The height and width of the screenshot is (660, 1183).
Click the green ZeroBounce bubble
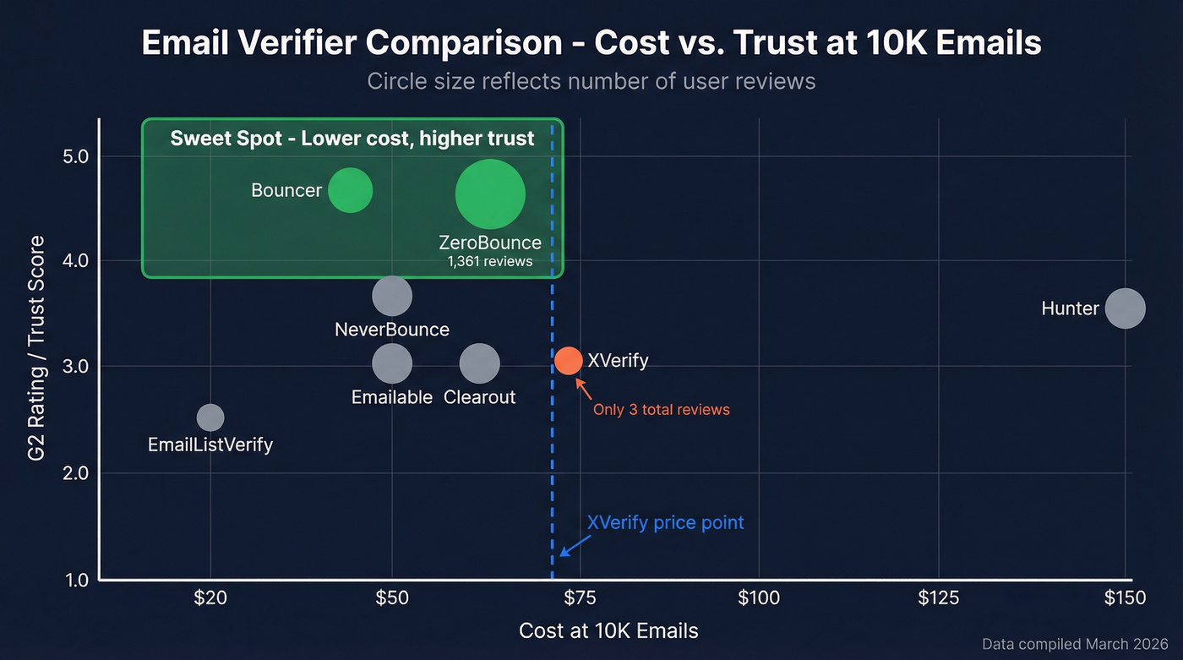pos(490,194)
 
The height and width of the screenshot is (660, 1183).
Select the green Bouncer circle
pos(350,190)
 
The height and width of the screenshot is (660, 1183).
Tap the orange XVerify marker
pos(569,360)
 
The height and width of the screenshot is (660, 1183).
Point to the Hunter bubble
pos(1126,308)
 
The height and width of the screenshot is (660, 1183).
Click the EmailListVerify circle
pos(210,417)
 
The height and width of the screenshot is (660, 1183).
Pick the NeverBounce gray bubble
pos(392,296)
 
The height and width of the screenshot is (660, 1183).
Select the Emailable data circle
pos(392,363)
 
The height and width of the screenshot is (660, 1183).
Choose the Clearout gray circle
pos(480,363)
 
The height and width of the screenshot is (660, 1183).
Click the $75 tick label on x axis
pos(580,598)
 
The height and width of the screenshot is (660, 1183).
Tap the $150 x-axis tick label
pos(1125,598)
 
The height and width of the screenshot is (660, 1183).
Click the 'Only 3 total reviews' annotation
pos(661,410)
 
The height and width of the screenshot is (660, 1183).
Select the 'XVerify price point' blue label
pos(665,522)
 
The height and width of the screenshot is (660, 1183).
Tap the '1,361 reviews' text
pos(490,261)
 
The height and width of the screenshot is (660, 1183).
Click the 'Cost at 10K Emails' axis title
pos(608,630)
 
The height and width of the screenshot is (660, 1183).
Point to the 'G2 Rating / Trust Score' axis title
pos(36,349)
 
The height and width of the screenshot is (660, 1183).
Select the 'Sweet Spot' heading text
pos(352,139)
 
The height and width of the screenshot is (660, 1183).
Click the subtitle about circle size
pos(591,81)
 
